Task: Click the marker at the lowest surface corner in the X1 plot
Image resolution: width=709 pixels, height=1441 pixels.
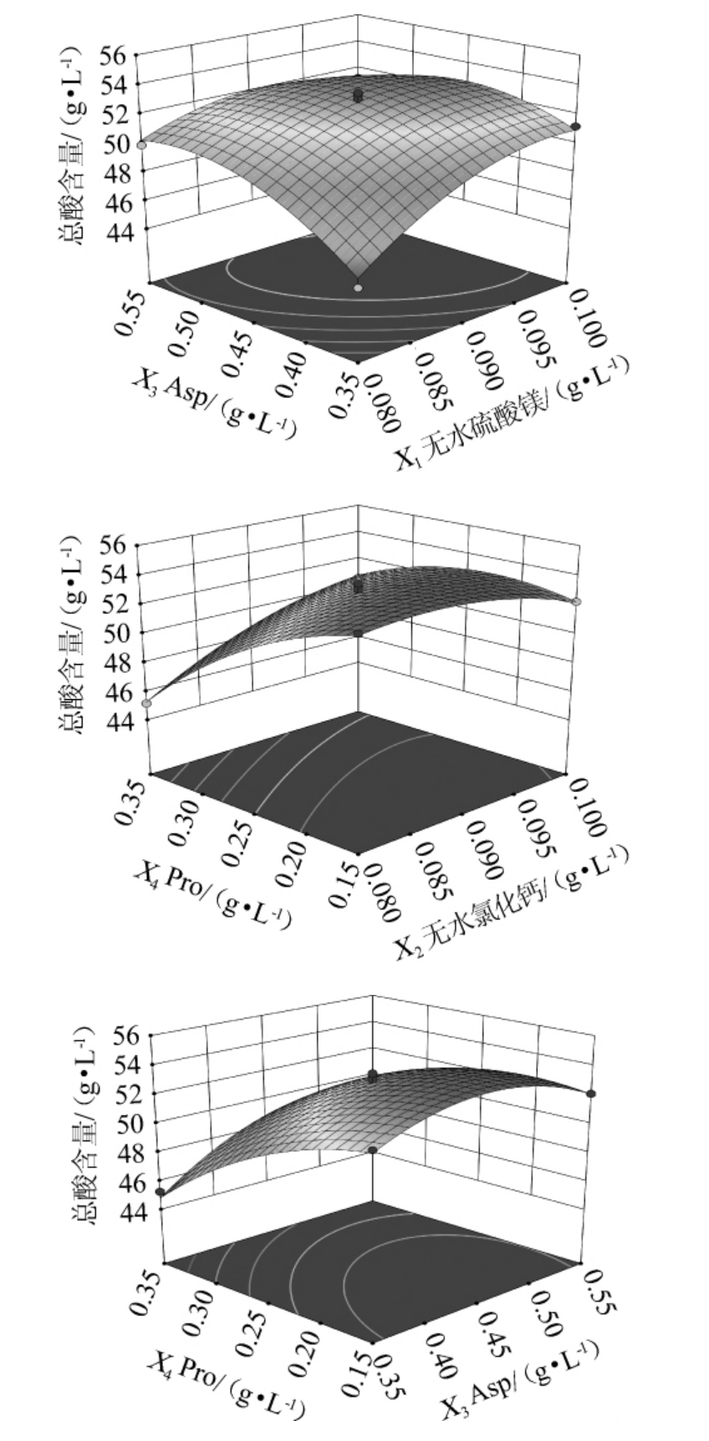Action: tap(358, 288)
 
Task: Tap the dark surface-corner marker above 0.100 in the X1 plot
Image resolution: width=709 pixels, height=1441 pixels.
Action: tap(576, 126)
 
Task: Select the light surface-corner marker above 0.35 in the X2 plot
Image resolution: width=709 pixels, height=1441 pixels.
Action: tap(146, 703)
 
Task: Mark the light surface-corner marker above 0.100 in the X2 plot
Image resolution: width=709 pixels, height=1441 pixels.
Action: tap(576, 601)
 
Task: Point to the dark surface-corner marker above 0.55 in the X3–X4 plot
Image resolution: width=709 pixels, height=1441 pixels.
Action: tap(591, 1093)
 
